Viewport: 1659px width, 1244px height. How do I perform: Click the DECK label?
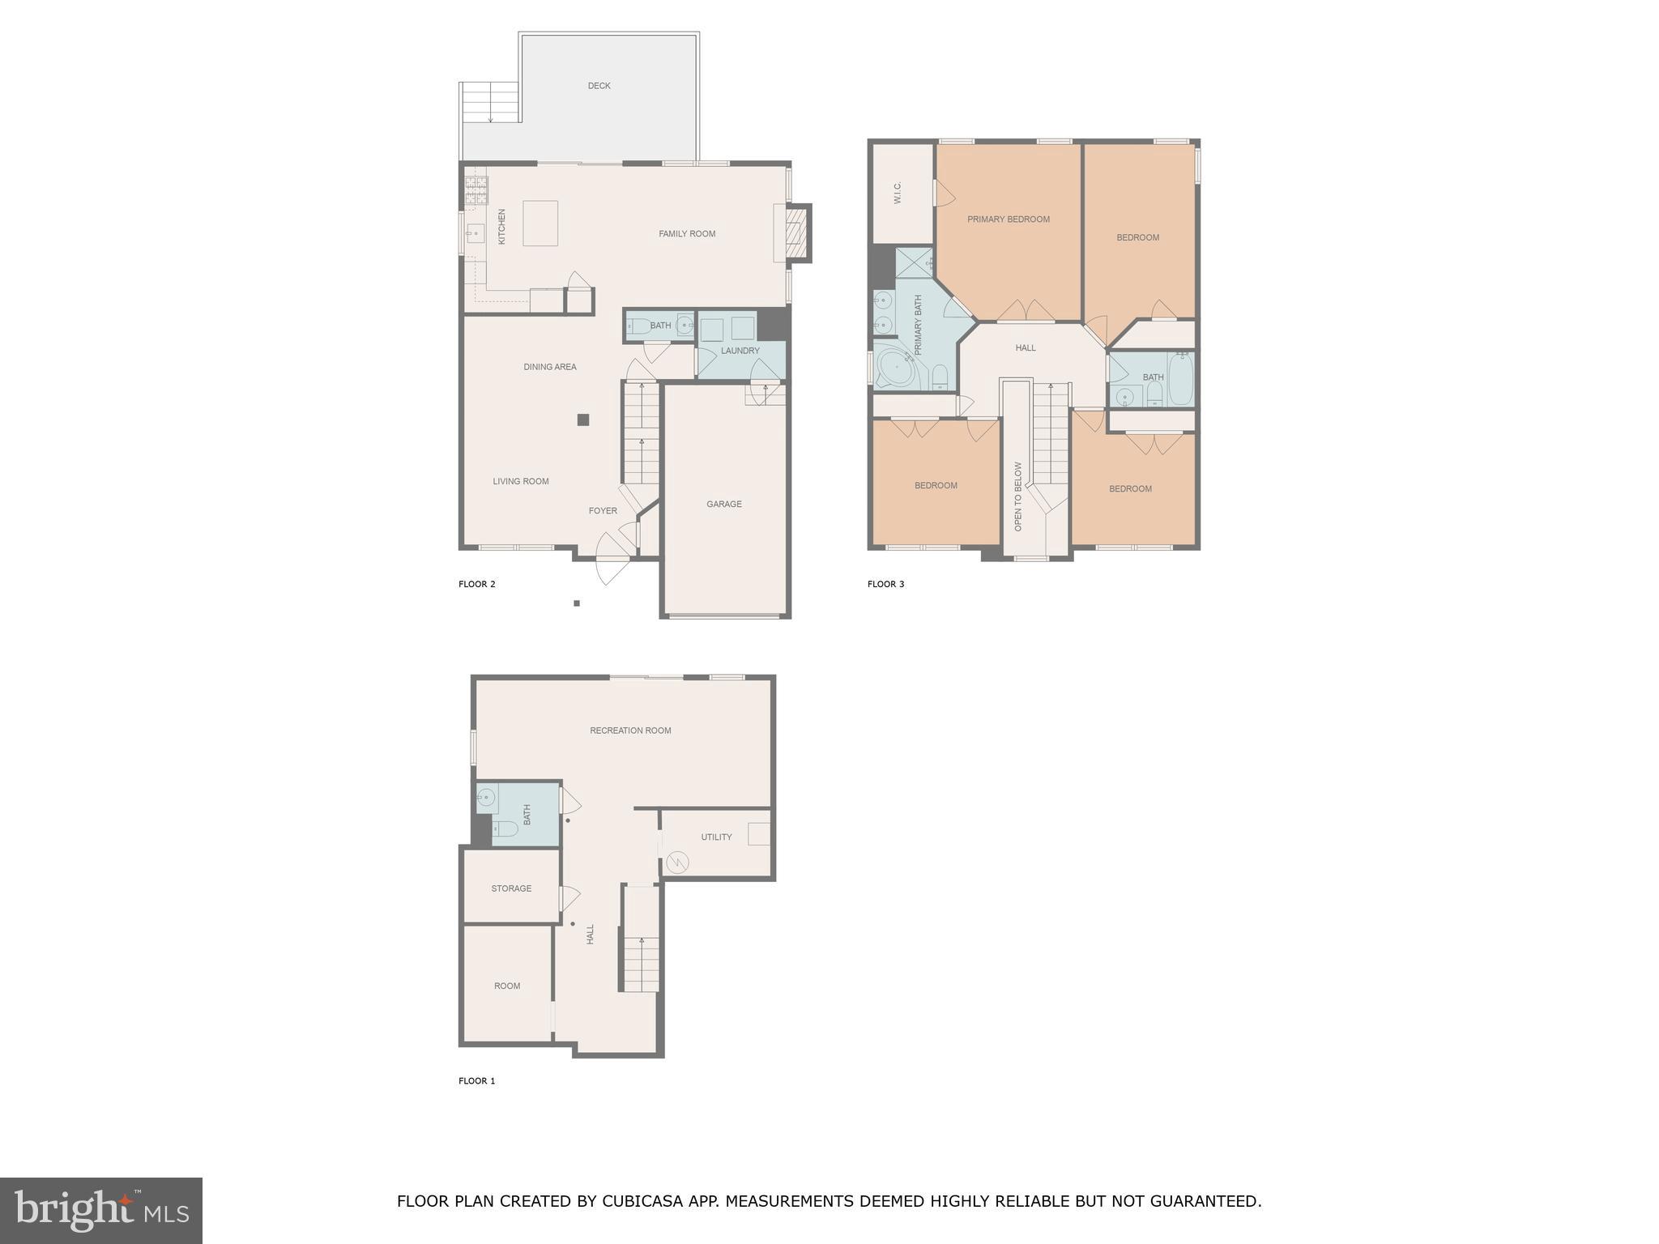(599, 86)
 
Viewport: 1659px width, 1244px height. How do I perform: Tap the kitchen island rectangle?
(540, 224)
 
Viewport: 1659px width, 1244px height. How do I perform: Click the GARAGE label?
(723, 504)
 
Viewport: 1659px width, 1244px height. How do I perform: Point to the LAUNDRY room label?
(740, 351)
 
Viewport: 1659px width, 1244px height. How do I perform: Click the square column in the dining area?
(582, 420)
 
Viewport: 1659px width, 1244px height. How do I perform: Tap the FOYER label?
(602, 511)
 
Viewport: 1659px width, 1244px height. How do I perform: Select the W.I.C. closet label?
(898, 193)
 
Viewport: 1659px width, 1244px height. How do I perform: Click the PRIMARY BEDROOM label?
(1008, 219)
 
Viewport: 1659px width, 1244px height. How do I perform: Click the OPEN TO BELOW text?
(1018, 496)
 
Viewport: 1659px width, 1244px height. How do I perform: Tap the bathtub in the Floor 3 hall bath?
(1180, 378)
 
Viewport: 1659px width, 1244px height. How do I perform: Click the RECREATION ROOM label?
(630, 731)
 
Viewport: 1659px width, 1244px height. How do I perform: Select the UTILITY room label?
(716, 837)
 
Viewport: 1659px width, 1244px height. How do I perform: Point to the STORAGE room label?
(511, 888)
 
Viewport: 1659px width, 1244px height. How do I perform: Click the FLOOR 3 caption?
(885, 584)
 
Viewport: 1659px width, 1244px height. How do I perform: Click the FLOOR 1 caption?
(476, 1081)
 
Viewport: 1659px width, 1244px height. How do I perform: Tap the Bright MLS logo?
(100, 1210)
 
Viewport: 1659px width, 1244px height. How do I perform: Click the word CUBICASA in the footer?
(645, 1201)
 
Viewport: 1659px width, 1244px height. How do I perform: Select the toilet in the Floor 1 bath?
(505, 829)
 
